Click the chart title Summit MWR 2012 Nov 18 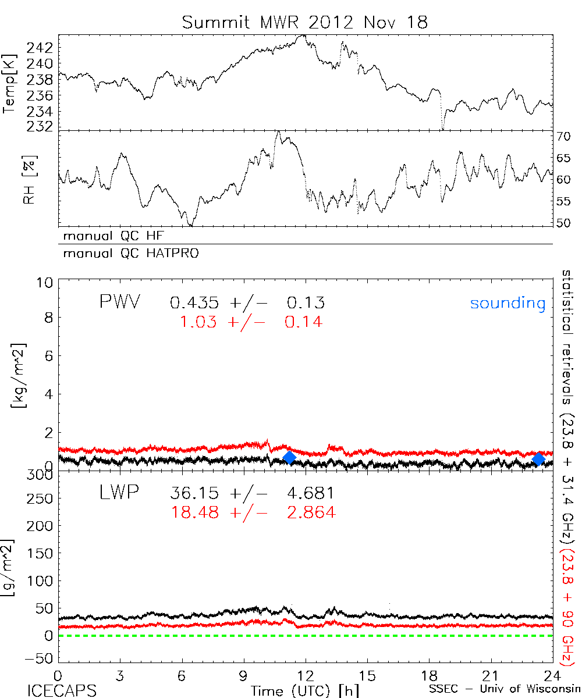click(x=304, y=22)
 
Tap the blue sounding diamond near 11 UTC click(x=289, y=458)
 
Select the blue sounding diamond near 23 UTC click(x=538, y=459)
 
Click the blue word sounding click(x=508, y=303)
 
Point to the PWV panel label click(x=119, y=302)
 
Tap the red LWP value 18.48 click(x=195, y=512)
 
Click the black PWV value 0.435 click(x=195, y=303)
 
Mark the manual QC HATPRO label click(x=126, y=254)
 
